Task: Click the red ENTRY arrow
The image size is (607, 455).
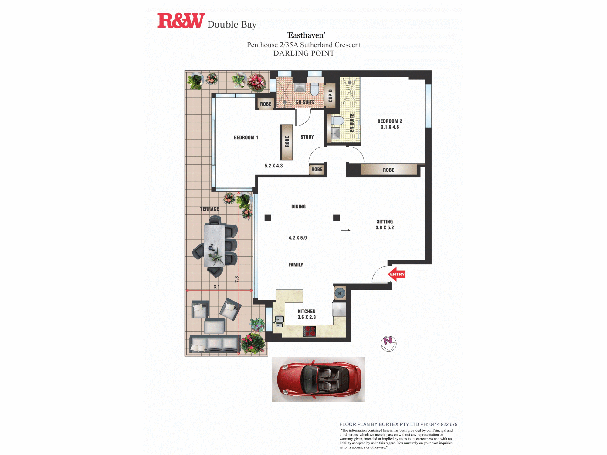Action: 397,274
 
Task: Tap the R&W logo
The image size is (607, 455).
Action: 181,21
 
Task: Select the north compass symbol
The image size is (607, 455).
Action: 388,344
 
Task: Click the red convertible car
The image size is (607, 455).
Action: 319,379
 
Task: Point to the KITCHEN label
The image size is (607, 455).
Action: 307,311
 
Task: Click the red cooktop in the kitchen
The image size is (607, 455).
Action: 310,331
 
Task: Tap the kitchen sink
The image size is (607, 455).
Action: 279,322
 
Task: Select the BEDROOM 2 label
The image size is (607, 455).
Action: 390,121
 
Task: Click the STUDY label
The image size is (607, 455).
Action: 307,137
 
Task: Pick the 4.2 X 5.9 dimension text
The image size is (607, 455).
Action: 297,238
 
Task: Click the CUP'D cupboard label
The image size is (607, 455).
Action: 331,96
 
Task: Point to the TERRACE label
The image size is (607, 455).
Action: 209,209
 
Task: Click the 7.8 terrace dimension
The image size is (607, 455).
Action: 237,279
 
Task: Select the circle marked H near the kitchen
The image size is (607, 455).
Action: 340,293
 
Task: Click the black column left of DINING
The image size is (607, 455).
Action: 268,218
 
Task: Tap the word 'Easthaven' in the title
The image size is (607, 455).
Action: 306,35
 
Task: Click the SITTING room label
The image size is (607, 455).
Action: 385,221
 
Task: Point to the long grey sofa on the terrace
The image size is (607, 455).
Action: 215,344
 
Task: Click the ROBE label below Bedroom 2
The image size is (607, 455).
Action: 388,170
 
